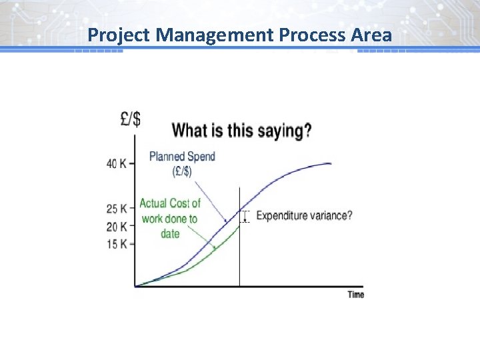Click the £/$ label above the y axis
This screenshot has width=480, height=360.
pyautogui.click(x=131, y=119)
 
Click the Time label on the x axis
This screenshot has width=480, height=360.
pyautogui.click(x=355, y=295)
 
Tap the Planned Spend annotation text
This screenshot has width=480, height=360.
pyautogui.click(x=182, y=157)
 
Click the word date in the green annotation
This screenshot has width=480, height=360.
pyautogui.click(x=170, y=234)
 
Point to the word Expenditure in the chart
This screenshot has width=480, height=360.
pyautogui.click(x=283, y=215)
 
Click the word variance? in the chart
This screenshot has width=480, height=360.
pyautogui.click(x=333, y=215)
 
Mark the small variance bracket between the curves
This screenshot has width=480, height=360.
pyautogui.click(x=245, y=217)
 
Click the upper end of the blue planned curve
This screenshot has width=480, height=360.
pyautogui.click(x=331, y=164)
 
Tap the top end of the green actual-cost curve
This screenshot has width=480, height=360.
pyautogui.click(x=239, y=225)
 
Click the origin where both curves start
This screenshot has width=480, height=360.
pyautogui.click(x=136, y=286)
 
